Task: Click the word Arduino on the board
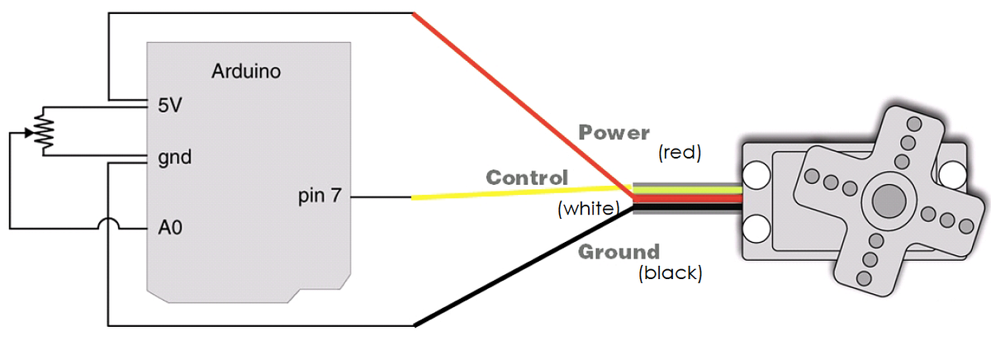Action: [246, 71]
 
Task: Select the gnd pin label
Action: [174, 157]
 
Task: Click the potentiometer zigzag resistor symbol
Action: [43, 130]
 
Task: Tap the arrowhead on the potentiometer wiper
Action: [33, 132]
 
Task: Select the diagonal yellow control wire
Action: [512, 194]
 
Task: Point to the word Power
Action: [614, 132]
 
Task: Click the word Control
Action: [527, 178]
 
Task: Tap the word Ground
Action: [618, 252]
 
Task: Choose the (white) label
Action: [588, 209]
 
